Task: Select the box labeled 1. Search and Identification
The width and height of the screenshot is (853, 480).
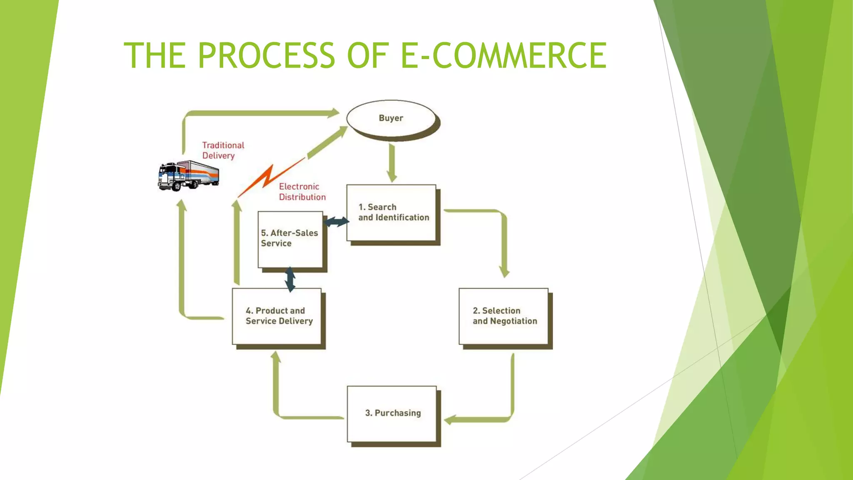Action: click(392, 212)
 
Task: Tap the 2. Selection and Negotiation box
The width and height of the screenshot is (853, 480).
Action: click(503, 316)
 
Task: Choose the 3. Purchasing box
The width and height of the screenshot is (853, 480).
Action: click(392, 413)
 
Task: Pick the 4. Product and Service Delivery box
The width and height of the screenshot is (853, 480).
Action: click(277, 316)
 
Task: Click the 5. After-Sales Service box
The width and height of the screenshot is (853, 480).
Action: click(290, 239)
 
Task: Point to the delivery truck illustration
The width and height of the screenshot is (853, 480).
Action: click(188, 175)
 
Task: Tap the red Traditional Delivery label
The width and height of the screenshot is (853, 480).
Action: click(223, 150)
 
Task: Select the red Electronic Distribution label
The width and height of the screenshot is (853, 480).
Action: click(302, 192)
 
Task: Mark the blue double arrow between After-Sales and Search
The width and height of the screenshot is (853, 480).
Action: click(336, 222)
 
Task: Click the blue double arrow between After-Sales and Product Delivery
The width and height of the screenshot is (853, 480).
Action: click(290, 279)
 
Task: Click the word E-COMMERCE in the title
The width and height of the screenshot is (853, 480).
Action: click(503, 55)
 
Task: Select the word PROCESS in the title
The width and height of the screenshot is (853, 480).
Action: click(266, 55)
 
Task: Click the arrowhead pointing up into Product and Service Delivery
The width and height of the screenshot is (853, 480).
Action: click(276, 357)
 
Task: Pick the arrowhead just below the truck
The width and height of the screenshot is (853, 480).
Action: click(182, 205)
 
